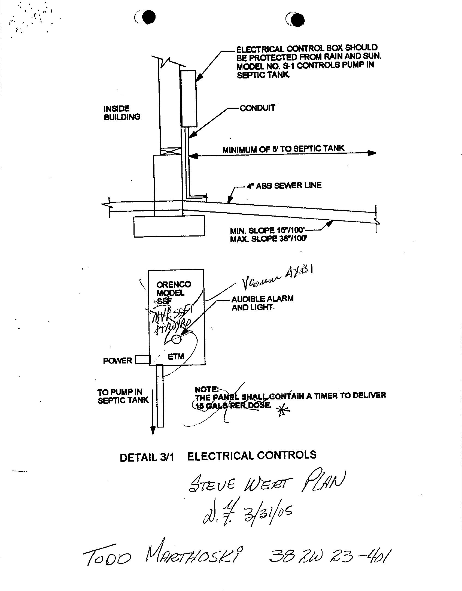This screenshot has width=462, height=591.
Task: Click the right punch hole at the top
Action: pyautogui.click(x=297, y=20)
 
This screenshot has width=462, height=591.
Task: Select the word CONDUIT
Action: pyautogui.click(x=257, y=108)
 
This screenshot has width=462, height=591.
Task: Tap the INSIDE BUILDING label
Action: pyautogui.click(x=122, y=113)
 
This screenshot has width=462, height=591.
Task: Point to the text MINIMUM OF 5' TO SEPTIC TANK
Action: pyautogui.click(x=283, y=149)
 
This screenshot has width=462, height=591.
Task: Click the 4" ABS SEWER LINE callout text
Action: pyautogui.click(x=284, y=186)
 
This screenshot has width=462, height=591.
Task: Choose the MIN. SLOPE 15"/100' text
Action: pyautogui.click(x=268, y=231)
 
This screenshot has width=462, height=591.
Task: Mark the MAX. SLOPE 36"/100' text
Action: pyautogui.click(x=269, y=239)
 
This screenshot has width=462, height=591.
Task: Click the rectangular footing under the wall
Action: pyautogui.click(x=169, y=226)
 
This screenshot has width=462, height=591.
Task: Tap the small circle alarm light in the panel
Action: pyautogui.click(x=177, y=339)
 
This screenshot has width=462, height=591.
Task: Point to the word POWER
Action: pyautogui.click(x=117, y=361)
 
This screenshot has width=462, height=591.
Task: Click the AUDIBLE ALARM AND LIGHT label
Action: pyautogui.click(x=262, y=303)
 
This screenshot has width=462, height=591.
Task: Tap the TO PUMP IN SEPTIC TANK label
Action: pyautogui.click(x=123, y=396)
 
